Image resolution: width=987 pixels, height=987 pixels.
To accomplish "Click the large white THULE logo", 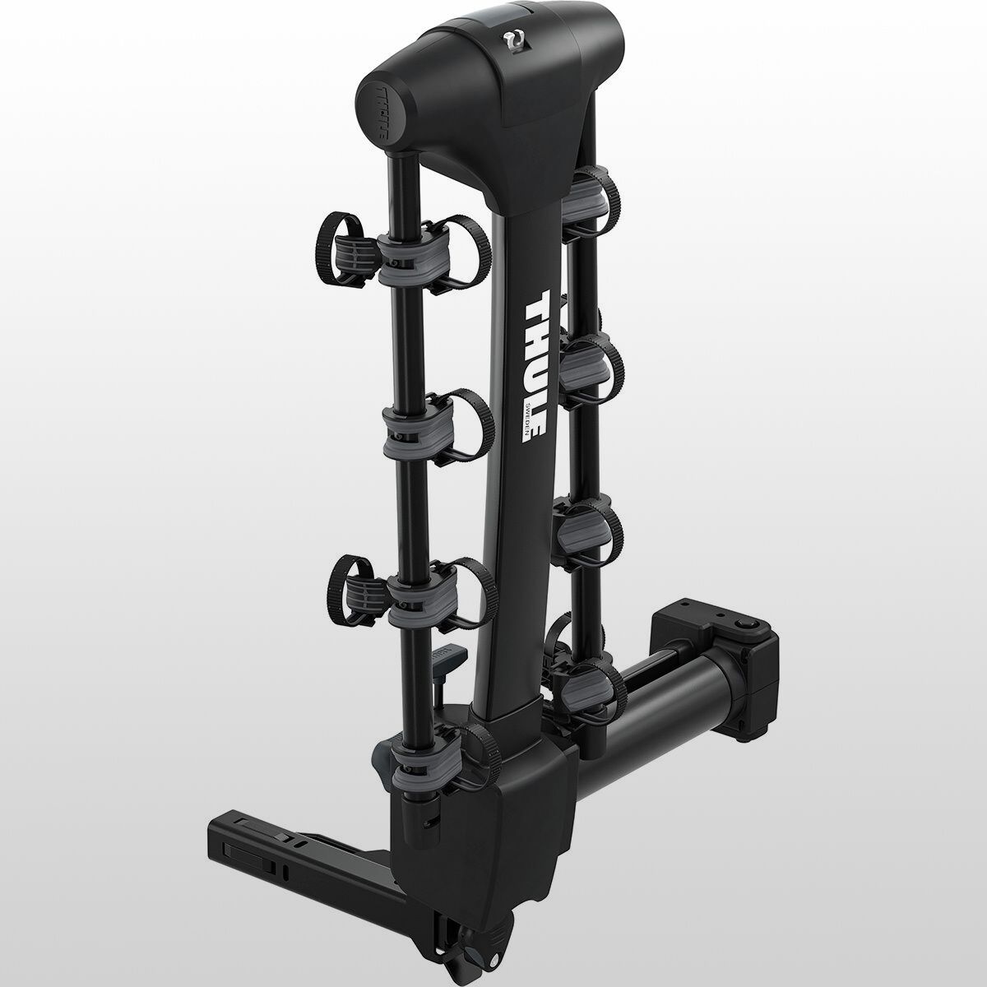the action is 535,366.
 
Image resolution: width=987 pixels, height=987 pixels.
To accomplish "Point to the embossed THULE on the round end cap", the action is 379,114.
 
